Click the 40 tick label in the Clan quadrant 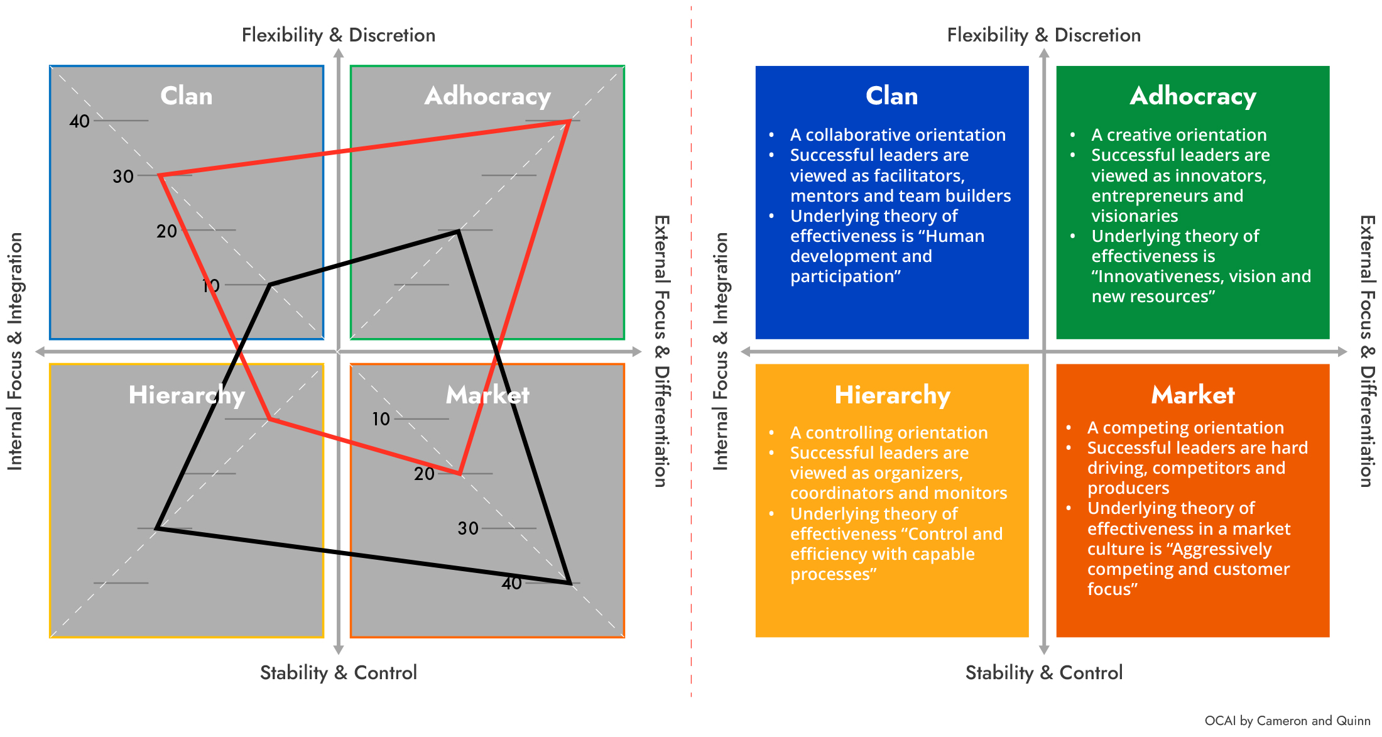point(80,121)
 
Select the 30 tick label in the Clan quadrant point(123,176)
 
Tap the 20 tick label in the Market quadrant point(424,474)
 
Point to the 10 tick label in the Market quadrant point(381,419)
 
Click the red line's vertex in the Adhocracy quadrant point(569,121)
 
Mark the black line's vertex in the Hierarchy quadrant point(157,528)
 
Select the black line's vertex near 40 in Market point(569,582)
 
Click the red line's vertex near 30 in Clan point(161,176)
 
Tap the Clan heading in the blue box point(891,96)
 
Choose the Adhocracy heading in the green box point(1192,96)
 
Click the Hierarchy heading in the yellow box point(891,395)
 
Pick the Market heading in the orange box point(1192,395)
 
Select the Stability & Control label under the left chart point(338,672)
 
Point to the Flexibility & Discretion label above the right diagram point(1043,35)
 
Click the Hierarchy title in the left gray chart point(187,395)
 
